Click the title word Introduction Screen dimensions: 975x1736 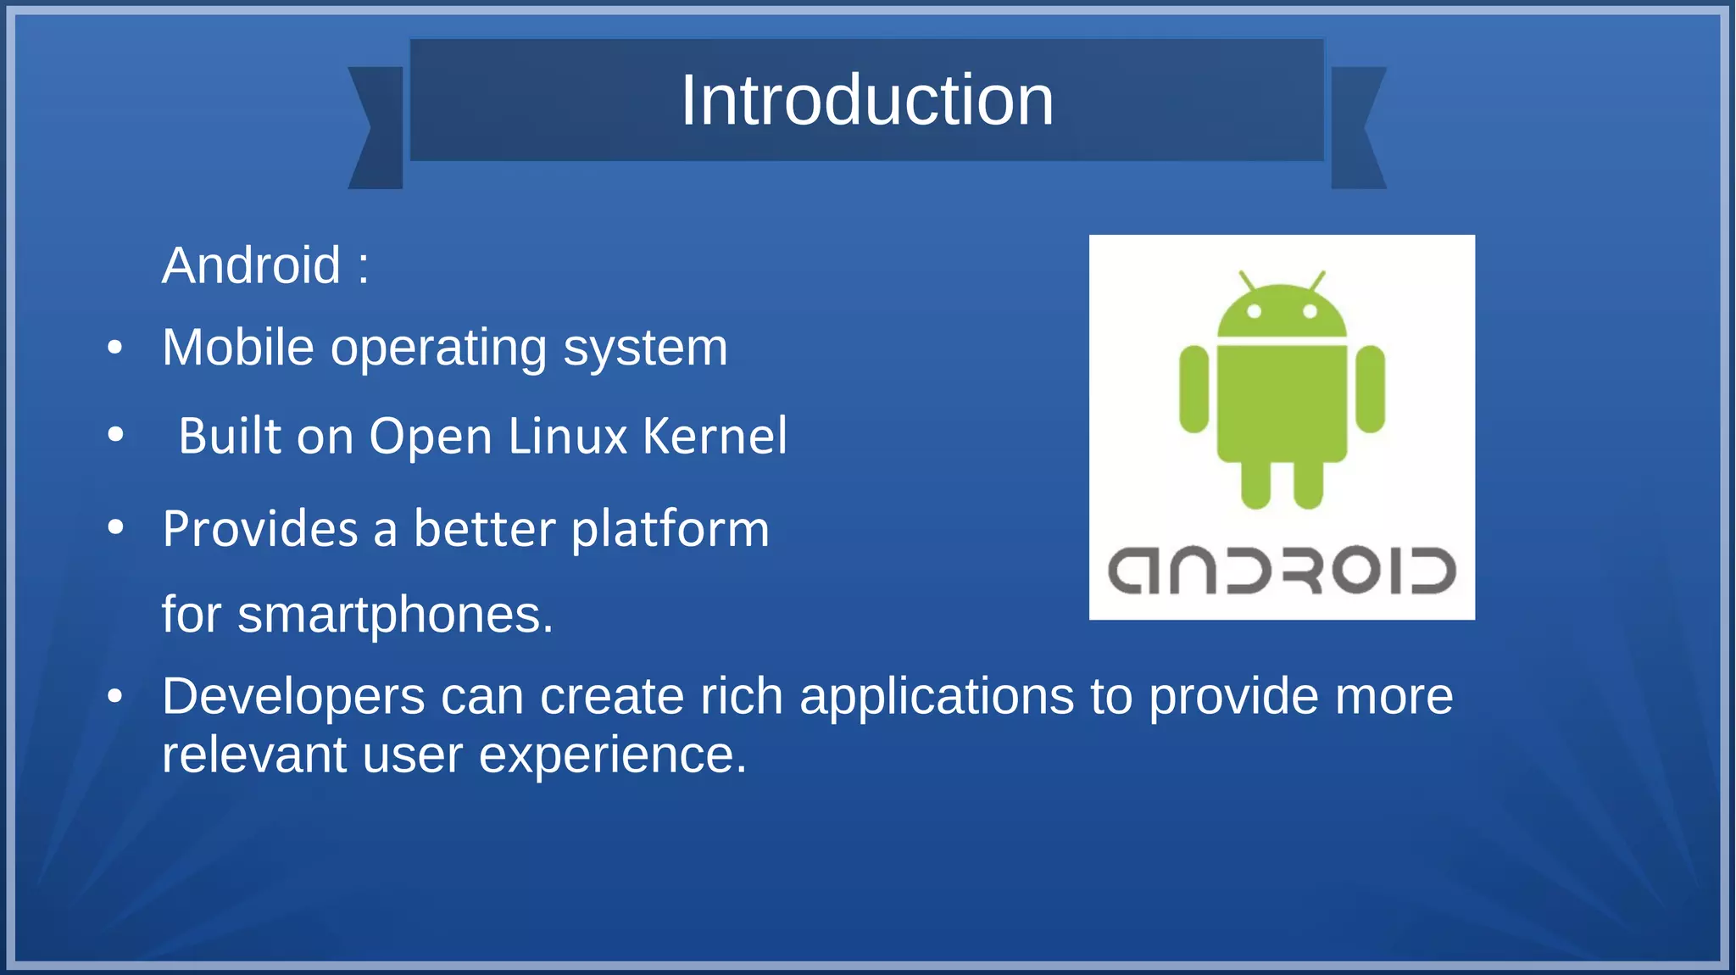(867, 100)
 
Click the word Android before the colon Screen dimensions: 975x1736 (251, 265)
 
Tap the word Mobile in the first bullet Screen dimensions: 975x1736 (238, 348)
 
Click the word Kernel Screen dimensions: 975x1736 (715, 437)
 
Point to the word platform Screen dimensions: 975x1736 (670, 530)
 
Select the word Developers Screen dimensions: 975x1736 (293, 697)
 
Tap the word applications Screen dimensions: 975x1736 (937, 697)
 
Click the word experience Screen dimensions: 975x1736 (612, 755)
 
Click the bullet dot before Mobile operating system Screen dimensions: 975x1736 (116, 348)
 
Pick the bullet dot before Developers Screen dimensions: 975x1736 (116, 697)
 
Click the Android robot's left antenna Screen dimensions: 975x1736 (1246, 281)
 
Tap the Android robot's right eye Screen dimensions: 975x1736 (1310, 311)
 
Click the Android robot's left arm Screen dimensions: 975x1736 (1193, 388)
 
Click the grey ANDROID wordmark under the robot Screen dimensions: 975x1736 (1281, 571)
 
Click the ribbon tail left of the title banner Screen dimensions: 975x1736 (376, 128)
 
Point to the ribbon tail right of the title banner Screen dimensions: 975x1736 (1358, 128)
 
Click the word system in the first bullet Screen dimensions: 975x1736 (645, 348)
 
